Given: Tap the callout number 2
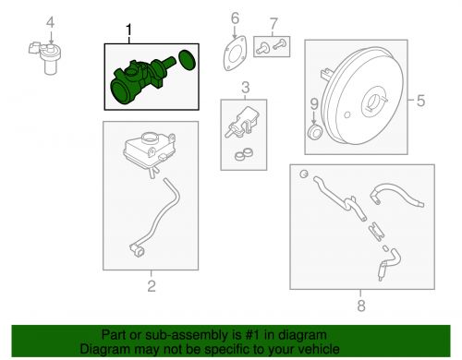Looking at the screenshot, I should pos(152,285).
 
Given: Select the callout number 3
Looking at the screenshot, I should pos(245,89).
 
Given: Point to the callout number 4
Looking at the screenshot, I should pos(51,22).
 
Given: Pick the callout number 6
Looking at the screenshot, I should pos(234,18).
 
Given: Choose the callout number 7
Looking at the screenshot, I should pos(272,22).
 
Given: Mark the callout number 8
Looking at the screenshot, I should pos(360,306).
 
